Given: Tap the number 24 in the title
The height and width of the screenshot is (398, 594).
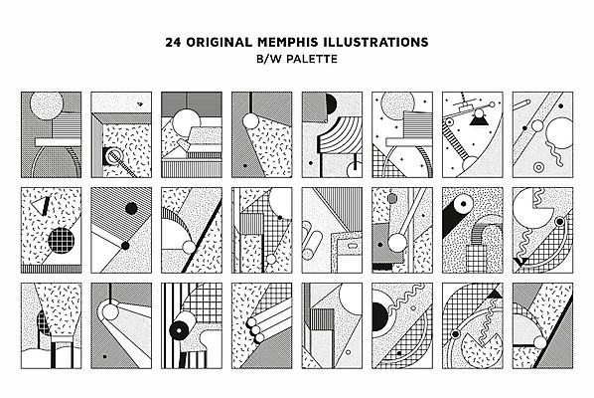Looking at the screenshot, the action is coord(173,42).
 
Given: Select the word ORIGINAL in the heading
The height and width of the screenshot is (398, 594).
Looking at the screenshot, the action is coord(219,42).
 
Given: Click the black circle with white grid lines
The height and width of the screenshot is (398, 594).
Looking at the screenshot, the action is coord(61,241).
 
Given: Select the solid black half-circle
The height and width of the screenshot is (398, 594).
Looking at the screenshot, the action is coord(331,103).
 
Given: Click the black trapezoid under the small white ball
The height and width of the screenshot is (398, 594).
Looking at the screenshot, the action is coord(479,121).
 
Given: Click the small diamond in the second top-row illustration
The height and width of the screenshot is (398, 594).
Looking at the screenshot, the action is coord(140,103).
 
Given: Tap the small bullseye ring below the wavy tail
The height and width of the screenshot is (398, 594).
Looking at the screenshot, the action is coord(537,166).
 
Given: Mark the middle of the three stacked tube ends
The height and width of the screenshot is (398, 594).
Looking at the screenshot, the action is coord(255,329).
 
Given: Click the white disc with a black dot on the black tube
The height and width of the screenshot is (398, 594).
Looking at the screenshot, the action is coord(463,204).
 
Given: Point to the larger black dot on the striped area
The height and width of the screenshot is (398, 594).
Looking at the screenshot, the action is coord(131,208).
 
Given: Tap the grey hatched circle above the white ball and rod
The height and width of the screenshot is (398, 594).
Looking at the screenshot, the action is coord(392,198).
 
